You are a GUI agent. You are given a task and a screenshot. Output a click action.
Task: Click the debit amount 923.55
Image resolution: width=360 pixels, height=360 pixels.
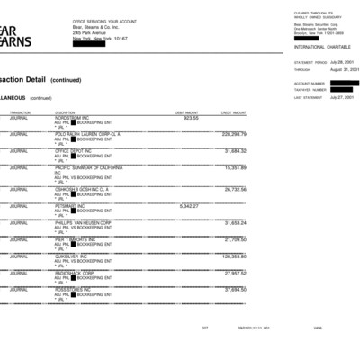(x=191, y=117)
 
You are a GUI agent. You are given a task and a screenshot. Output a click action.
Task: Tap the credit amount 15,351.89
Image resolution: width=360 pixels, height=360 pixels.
(x=235, y=167)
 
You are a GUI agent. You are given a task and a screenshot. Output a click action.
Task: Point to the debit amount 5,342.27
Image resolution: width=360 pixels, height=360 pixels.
(x=189, y=206)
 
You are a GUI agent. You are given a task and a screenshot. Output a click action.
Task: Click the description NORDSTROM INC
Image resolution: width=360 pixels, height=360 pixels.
(x=75, y=117)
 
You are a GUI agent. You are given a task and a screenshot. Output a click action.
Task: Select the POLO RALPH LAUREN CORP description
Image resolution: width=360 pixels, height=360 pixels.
(x=87, y=134)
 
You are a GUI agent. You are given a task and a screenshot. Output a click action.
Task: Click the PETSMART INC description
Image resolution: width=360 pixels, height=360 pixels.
(x=73, y=206)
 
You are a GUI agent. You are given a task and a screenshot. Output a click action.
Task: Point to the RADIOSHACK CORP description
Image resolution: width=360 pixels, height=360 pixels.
(x=77, y=272)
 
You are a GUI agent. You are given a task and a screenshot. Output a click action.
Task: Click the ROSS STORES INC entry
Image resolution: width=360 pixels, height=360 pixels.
(x=76, y=289)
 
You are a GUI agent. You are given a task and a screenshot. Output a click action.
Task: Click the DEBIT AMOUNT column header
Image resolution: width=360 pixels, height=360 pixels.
(x=186, y=112)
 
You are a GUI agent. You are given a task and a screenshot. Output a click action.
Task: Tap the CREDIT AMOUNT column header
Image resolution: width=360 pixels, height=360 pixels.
(x=233, y=112)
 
